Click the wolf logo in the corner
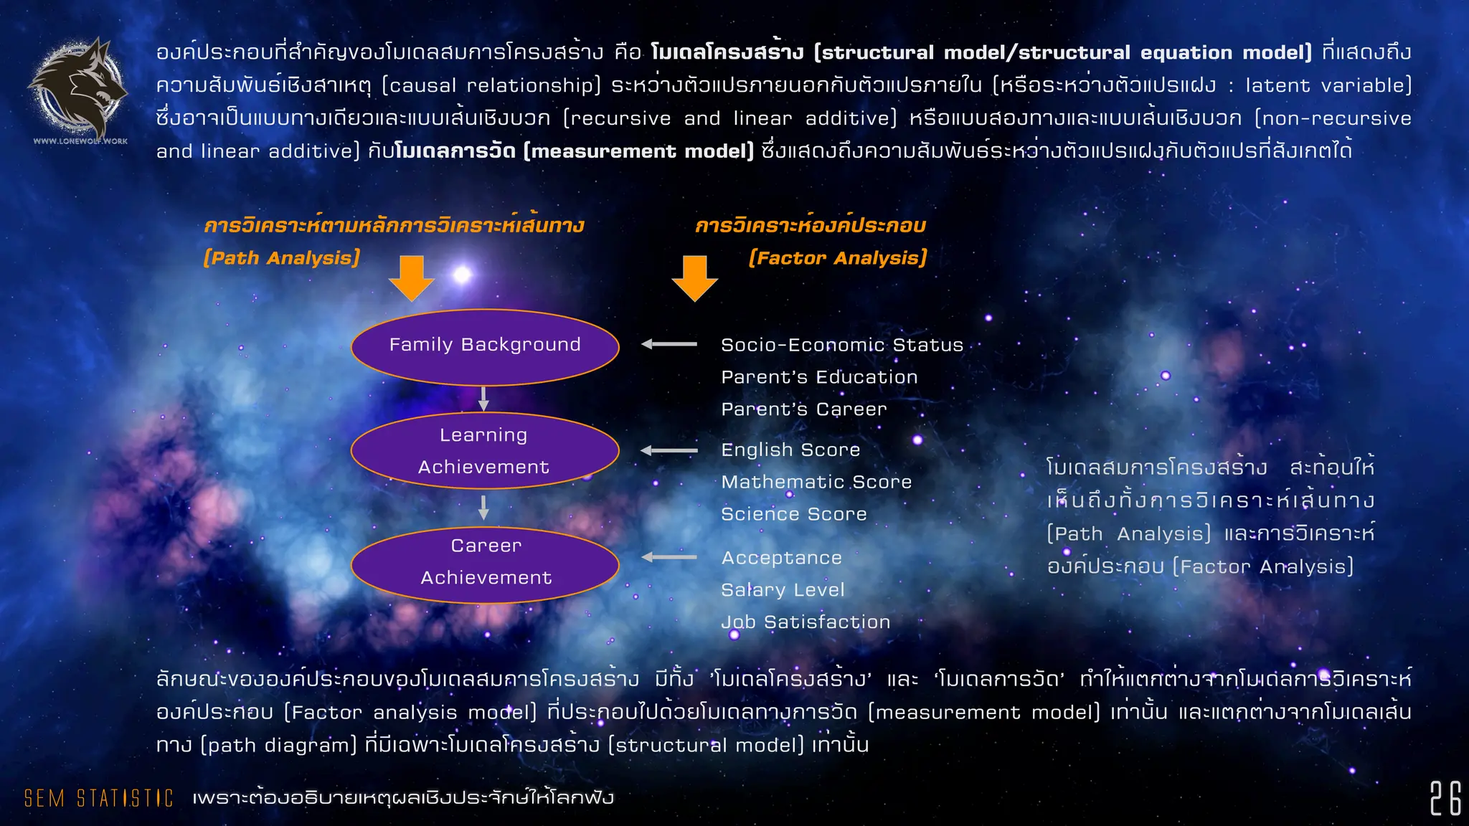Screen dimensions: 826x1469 point(78,89)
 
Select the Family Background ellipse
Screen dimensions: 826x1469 point(485,347)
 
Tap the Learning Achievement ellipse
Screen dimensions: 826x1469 point(485,451)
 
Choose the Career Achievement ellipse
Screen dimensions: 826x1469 point(485,564)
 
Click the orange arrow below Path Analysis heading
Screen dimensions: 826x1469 point(412,277)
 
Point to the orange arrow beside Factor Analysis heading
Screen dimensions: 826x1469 point(694,277)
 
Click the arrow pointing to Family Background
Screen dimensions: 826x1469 point(669,344)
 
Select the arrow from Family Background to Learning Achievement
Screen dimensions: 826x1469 point(483,399)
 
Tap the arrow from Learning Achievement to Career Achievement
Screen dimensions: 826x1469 point(483,507)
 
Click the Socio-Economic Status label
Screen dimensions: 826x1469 point(842,345)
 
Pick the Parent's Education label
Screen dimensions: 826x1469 point(819,377)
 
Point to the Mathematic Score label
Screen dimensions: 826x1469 point(816,482)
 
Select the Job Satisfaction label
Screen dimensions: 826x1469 point(806,622)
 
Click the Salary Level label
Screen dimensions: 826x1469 point(783,590)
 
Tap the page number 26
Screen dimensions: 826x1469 point(1445,798)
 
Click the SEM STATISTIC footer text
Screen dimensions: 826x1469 point(99,798)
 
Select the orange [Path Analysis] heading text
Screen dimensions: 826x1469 point(282,258)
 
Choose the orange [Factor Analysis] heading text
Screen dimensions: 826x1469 point(838,258)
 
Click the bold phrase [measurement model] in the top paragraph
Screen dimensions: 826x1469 point(638,151)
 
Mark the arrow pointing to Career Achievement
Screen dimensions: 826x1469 point(669,557)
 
